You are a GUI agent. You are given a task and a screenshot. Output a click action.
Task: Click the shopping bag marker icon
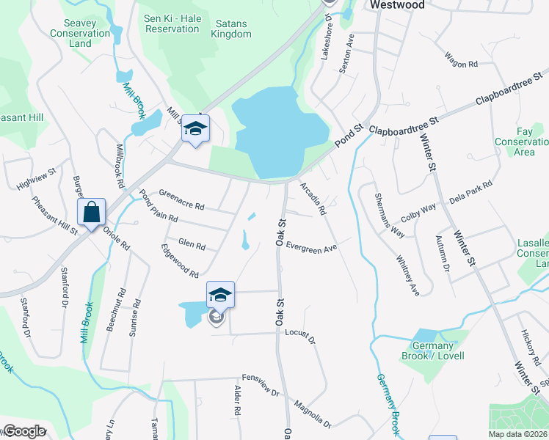(91, 213)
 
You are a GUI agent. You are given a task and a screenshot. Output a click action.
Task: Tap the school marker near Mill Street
(195, 129)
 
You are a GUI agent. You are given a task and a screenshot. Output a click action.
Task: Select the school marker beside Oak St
(220, 296)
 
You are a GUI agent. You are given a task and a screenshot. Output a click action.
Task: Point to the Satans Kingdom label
(229, 29)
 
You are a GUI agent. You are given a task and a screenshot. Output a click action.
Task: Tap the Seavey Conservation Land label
(81, 33)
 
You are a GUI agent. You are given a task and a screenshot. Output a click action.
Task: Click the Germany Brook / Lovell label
(432, 351)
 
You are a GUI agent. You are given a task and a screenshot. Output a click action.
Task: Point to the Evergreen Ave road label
(311, 249)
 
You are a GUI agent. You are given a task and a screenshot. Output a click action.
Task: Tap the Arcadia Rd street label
(313, 198)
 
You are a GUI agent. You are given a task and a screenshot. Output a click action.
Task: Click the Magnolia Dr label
(313, 414)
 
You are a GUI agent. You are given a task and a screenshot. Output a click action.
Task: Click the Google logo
(23, 431)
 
